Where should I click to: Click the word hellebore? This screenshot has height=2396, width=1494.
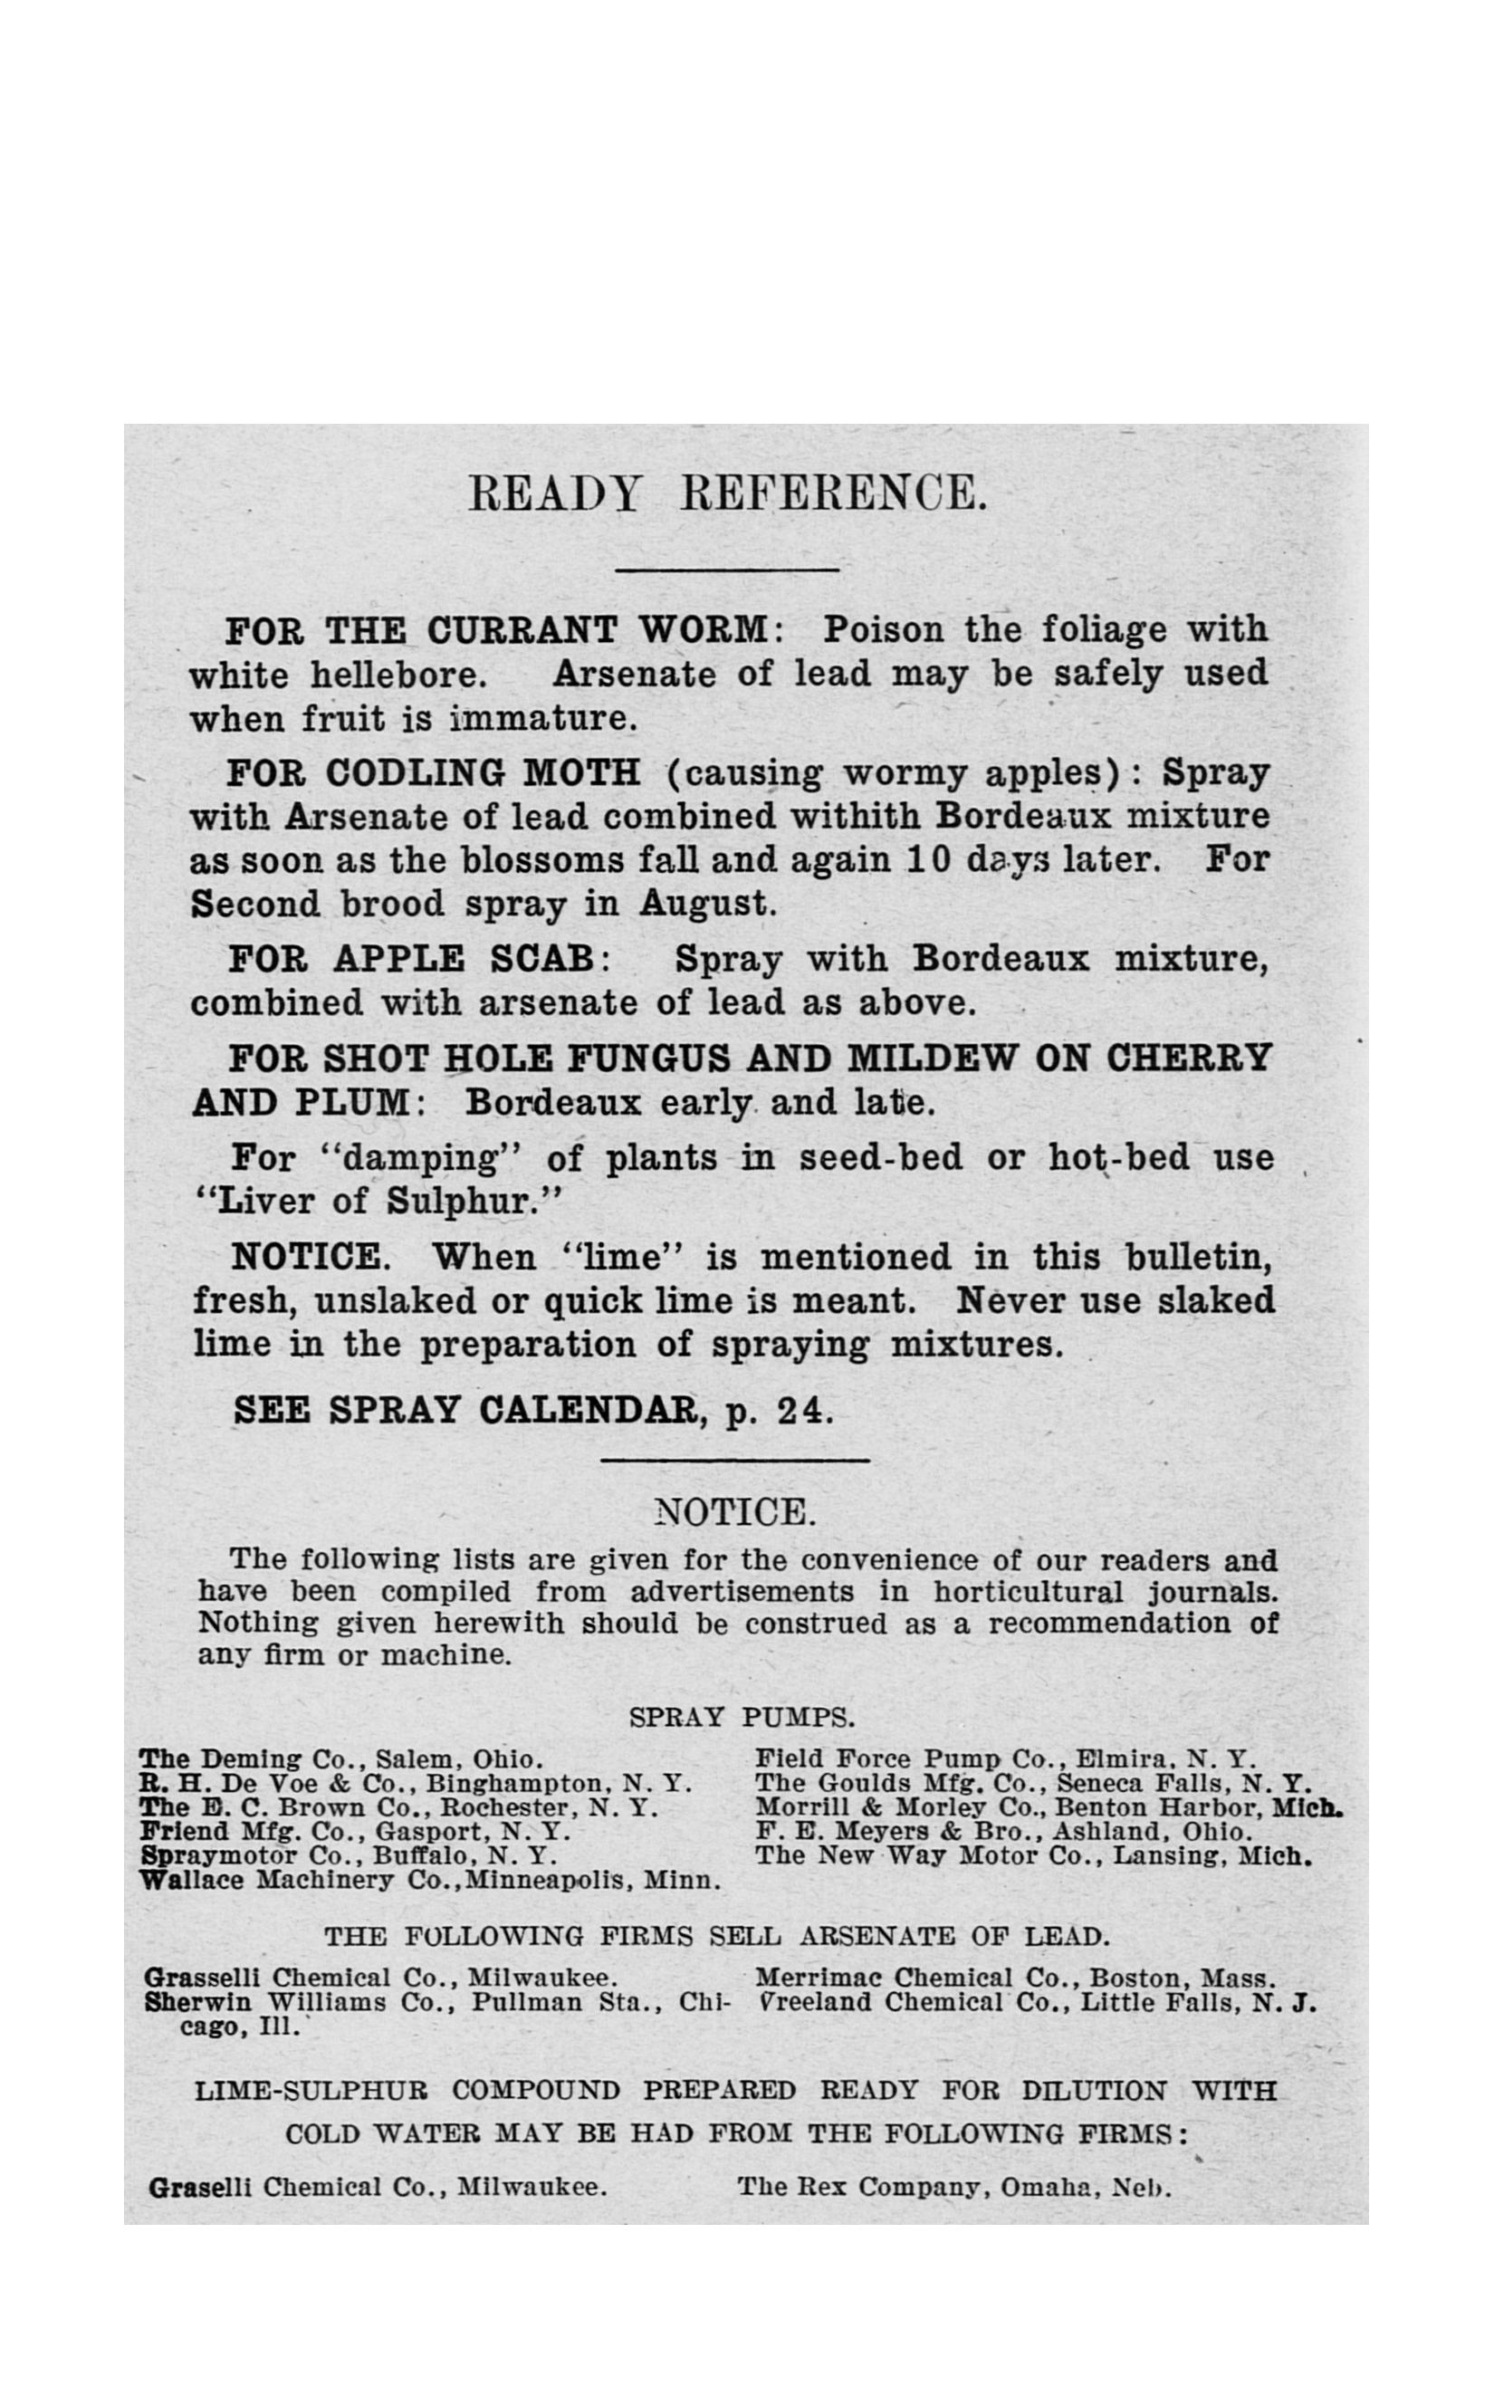(x=398, y=676)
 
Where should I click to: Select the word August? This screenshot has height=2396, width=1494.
(x=705, y=904)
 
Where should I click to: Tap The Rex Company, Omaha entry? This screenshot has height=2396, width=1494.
(x=953, y=2188)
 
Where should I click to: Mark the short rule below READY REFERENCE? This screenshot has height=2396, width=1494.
(x=726, y=569)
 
